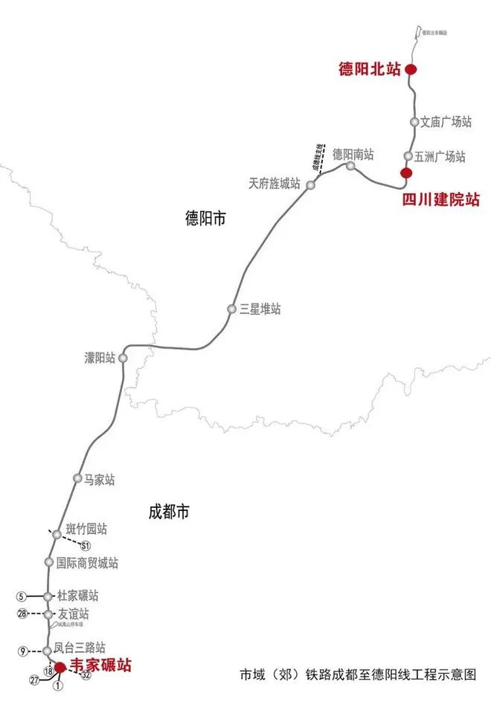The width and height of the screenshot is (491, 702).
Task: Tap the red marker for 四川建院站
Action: click(406, 173)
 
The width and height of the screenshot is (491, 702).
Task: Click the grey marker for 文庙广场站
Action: click(415, 121)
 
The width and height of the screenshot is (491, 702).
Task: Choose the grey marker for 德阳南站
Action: click(350, 166)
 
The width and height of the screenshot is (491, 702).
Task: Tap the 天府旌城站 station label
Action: click(275, 183)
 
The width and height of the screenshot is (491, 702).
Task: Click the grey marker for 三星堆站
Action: click(232, 309)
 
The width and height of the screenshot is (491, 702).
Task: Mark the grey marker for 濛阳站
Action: click(123, 358)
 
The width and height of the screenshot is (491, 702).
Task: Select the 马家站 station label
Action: click(100, 478)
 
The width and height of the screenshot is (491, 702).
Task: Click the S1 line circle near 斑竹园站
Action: click(75, 546)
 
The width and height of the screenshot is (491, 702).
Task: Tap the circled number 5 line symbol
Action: click(22, 596)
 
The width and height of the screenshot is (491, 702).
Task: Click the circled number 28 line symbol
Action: click(22, 614)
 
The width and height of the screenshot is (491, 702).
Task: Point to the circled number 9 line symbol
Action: click(24, 651)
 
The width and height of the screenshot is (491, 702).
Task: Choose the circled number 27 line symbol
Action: click(34, 680)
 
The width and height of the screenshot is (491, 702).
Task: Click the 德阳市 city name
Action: click(205, 218)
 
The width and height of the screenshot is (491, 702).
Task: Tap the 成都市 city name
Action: click(169, 512)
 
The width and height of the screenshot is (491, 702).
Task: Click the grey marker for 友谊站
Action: click(49, 614)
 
